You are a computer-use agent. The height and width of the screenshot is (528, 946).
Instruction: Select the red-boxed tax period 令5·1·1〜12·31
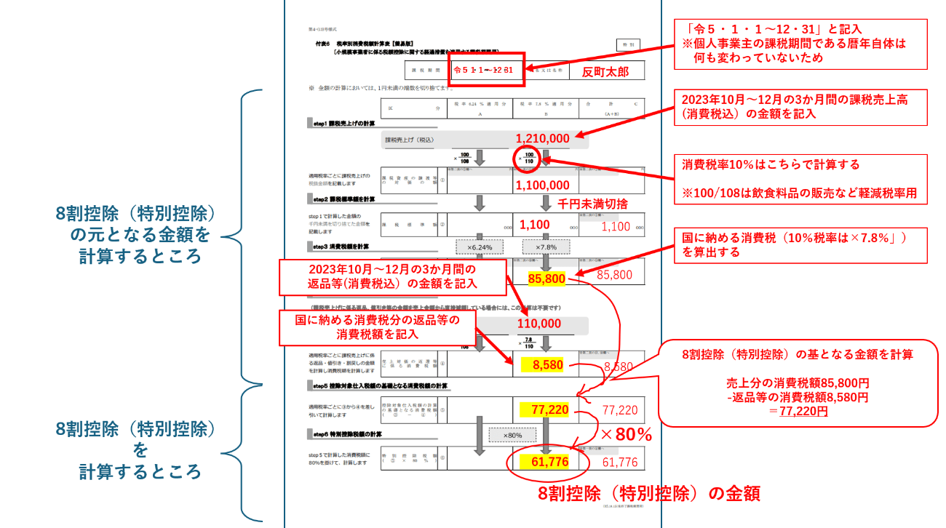[x=484, y=71]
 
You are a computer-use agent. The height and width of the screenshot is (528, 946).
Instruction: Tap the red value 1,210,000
[x=542, y=138]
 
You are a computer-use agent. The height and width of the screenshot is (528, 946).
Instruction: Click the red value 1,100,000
[x=542, y=185]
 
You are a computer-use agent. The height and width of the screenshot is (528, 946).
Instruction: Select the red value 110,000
[x=539, y=324]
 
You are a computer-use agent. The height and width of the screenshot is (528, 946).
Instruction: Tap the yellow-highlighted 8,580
[x=548, y=365]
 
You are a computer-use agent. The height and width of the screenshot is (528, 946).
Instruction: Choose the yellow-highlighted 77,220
[x=549, y=410]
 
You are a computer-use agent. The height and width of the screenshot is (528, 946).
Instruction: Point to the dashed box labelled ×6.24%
[x=479, y=247]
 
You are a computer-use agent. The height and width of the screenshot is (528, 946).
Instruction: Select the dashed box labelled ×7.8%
[x=546, y=247]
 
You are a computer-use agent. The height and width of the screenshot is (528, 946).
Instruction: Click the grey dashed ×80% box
[x=512, y=435]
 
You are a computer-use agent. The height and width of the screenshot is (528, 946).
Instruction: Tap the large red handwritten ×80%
[x=625, y=435]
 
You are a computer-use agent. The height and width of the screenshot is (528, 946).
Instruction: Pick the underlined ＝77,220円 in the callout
[x=798, y=412]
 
